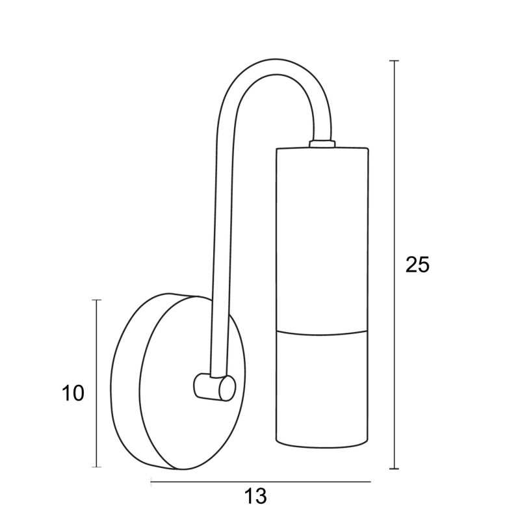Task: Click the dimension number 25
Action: (x=418, y=265)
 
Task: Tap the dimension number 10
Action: (x=73, y=393)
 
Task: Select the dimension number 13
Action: (x=256, y=497)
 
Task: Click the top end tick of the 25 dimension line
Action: (x=393, y=60)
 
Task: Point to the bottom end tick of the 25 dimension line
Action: (x=393, y=468)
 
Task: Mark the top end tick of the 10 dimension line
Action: (x=97, y=300)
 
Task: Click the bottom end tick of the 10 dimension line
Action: (x=97, y=467)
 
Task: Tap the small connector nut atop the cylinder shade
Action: (x=322, y=143)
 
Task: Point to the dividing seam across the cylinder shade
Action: (x=322, y=330)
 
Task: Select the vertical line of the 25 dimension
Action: (x=393, y=195)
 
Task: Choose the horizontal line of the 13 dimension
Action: (x=260, y=482)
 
